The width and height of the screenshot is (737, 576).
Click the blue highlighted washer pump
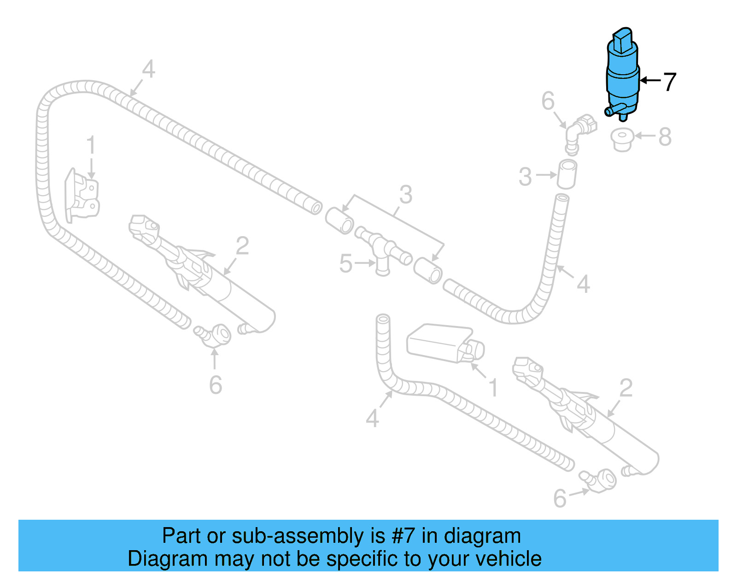coord(623,78)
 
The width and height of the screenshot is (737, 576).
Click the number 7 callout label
coord(669,82)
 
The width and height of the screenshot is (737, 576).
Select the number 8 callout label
coord(665,137)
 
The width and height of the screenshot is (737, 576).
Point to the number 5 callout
coord(345,264)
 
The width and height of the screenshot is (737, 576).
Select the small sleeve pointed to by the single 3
coord(567,174)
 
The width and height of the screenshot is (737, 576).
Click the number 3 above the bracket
coord(405,194)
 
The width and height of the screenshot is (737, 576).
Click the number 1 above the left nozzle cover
coord(91,145)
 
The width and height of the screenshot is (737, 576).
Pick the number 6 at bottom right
coord(560,498)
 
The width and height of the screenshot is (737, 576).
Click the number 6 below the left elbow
coord(215,385)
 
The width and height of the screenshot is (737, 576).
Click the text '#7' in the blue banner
coord(404,536)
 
